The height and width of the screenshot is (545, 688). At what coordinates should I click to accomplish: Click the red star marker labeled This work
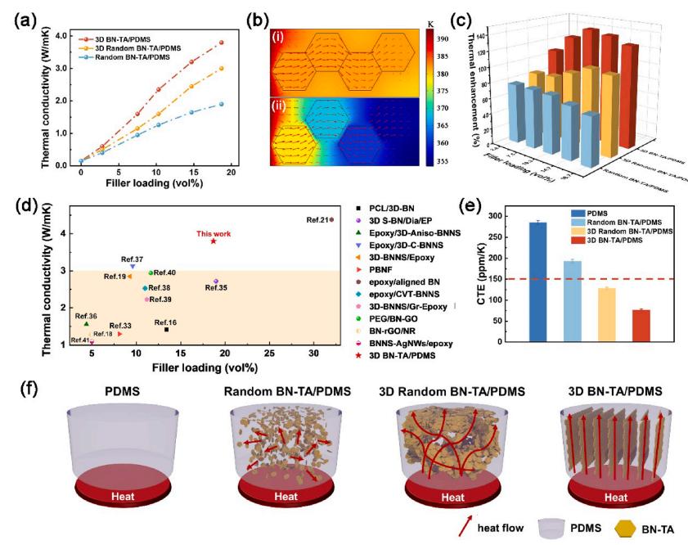pyautogui.click(x=213, y=241)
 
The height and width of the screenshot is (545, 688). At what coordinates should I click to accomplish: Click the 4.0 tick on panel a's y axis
pyautogui.click(x=62, y=36)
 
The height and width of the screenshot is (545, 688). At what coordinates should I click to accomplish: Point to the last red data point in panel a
pyautogui.click(x=221, y=43)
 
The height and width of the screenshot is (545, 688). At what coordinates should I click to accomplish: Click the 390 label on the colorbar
pyautogui.click(x=460, y=38)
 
